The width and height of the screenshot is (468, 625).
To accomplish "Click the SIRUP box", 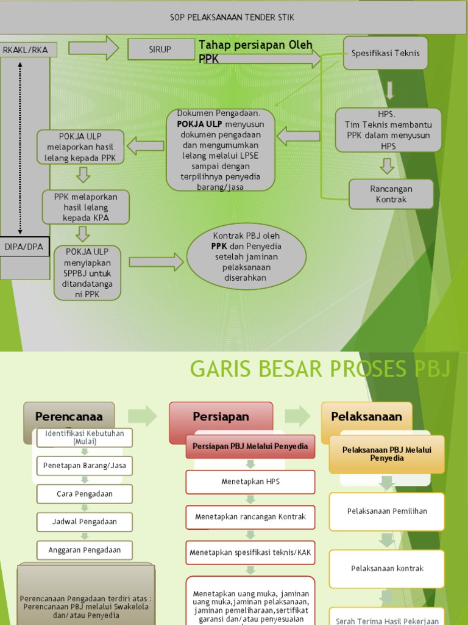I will click(x=161, y=49).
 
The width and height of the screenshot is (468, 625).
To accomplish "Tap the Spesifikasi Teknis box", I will click(x=385, y=54).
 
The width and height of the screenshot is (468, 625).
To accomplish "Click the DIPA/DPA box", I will click(x=25, y=247).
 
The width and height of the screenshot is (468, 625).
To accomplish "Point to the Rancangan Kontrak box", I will click(x=391, y=194).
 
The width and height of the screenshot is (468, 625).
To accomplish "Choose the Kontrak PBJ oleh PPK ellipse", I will click(x=246, y=256).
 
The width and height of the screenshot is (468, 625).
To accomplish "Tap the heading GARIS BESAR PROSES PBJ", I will click(x=320, y=369).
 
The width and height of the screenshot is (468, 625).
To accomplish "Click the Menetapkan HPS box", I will click(x=250, y=482).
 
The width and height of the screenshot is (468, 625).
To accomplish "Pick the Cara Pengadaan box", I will click(x=85, y=494).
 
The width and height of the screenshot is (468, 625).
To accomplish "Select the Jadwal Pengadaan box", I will click(x=85, y=522).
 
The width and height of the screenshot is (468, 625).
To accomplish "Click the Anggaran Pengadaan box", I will click(x=85, y=550).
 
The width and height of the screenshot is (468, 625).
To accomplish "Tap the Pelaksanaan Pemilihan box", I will click(x=387, y=511).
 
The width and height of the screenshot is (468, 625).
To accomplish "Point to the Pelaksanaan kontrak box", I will click(x=387, y=568).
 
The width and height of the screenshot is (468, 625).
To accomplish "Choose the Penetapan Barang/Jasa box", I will click(x=85, y=466).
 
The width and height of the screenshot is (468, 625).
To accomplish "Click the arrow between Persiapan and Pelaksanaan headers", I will click(x=297, y=416).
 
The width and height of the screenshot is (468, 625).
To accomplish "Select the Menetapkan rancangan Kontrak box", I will click(x=250, y=517).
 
